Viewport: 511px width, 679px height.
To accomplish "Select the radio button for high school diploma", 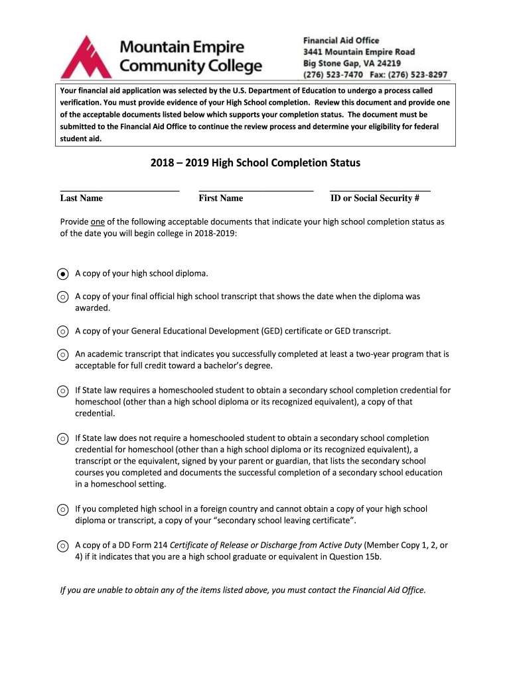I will (x=62, y=273).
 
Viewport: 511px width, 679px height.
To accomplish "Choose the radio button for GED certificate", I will (x=62, y=331).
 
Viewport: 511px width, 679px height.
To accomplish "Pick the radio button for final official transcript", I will (x=62, y=298).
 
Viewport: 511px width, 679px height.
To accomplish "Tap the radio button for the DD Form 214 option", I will (x=62, y=546).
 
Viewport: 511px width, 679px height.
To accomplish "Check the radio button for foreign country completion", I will (x=62, y=510).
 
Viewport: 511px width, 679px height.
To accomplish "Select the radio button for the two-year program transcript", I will (x=62, y=355).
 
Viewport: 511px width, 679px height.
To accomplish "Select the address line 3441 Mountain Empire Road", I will (x=359, y=52).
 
